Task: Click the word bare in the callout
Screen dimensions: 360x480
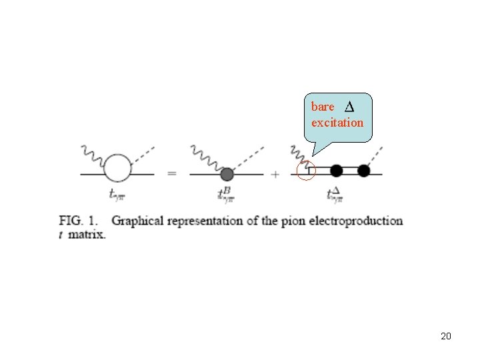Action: coord(323,107)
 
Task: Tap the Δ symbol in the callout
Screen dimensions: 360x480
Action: coord(349,107)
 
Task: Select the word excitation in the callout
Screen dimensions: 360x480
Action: coord(337,123)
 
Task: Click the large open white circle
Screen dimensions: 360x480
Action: coord(118,167)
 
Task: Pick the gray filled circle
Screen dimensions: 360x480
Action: coord(227,174)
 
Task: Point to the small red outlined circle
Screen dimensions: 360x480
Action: coord(306,171)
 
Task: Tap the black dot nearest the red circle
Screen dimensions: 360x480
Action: coord(337,171)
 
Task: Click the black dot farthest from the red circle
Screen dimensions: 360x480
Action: coord(363,171)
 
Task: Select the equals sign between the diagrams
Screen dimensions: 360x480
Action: coord(172,174)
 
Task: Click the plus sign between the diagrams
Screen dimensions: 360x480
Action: coord(275,174)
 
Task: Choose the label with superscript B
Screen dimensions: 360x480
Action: coord(225,194)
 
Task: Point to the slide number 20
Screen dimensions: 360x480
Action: coord(446,336)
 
